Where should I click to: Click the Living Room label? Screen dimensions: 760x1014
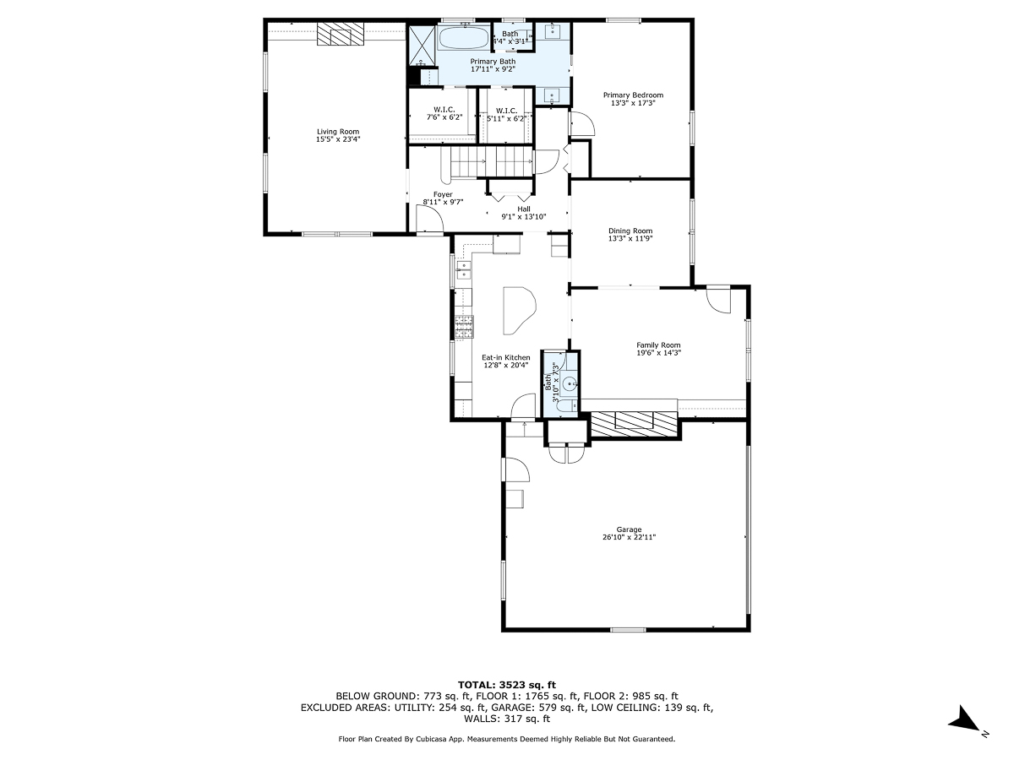click(338, 131)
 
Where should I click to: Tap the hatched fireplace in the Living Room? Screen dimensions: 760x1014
click(341, 35)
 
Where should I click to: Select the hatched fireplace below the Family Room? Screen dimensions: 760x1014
click(635, 423)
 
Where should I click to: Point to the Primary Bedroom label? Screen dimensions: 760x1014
click(633, 95)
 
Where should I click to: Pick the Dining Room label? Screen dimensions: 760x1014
click(630, 231)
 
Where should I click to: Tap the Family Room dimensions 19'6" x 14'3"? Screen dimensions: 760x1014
click(658, 353)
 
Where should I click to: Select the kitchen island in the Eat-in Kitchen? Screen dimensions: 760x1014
click(518, 309)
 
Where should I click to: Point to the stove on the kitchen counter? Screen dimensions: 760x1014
click(464, 323)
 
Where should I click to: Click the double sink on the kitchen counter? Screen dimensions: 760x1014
click(463, 269)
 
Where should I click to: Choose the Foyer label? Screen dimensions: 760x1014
click(443, 194)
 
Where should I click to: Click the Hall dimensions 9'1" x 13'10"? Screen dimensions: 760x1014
click(524, 217)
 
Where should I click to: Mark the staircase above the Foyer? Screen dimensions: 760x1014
click(490, 160)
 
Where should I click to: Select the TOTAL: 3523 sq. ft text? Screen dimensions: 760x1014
click(507, 684)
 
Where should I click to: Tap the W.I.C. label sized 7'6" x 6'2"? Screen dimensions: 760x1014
click(444, 110)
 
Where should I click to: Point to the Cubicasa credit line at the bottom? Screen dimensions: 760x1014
click(507, 739)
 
